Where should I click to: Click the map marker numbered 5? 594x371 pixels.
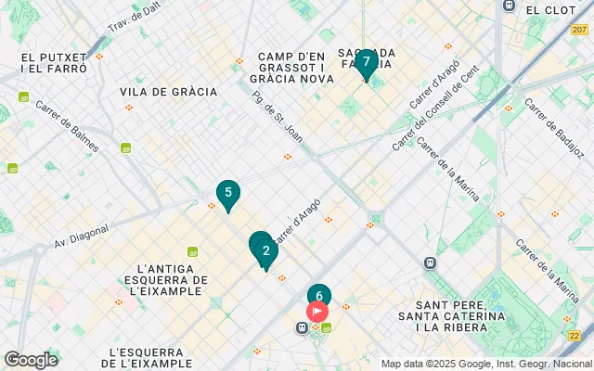click(x=227, y=194)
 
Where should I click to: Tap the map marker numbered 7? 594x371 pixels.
click(x=366, y=63)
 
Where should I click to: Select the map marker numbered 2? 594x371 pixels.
click(x=266, y=251)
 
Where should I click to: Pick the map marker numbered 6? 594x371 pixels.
click(x=318, y=296)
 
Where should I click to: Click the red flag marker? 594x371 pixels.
click(x=317, y=312)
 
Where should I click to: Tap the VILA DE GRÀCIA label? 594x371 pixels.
click(x=168, y=92)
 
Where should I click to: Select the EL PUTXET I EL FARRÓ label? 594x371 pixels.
click(x=54, y=63)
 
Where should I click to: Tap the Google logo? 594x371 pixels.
click(x=31, y=359)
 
